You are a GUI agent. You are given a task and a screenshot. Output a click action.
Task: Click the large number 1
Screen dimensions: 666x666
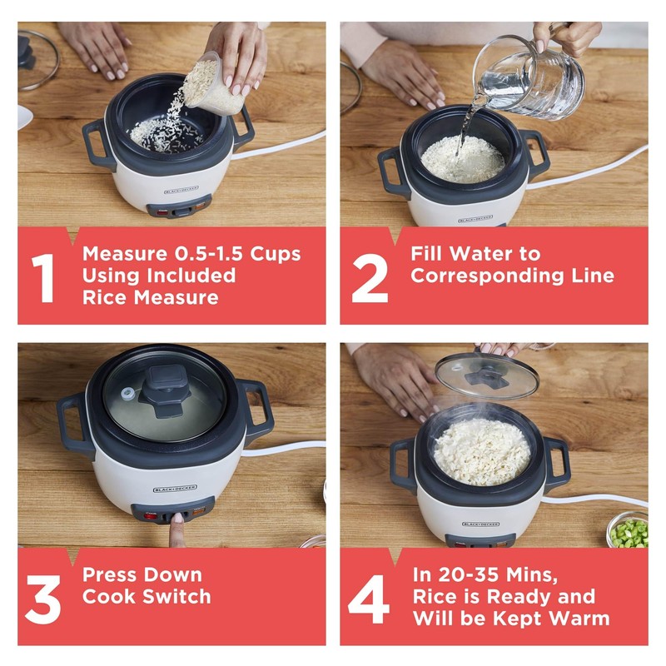click(43, 276)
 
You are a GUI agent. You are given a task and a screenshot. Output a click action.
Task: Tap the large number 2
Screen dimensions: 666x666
click(369, 276)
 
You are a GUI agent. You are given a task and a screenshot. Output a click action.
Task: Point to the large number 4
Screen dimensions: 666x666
click(369, 596)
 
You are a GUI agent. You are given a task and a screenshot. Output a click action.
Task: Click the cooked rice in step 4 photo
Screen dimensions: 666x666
click(482, 450)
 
